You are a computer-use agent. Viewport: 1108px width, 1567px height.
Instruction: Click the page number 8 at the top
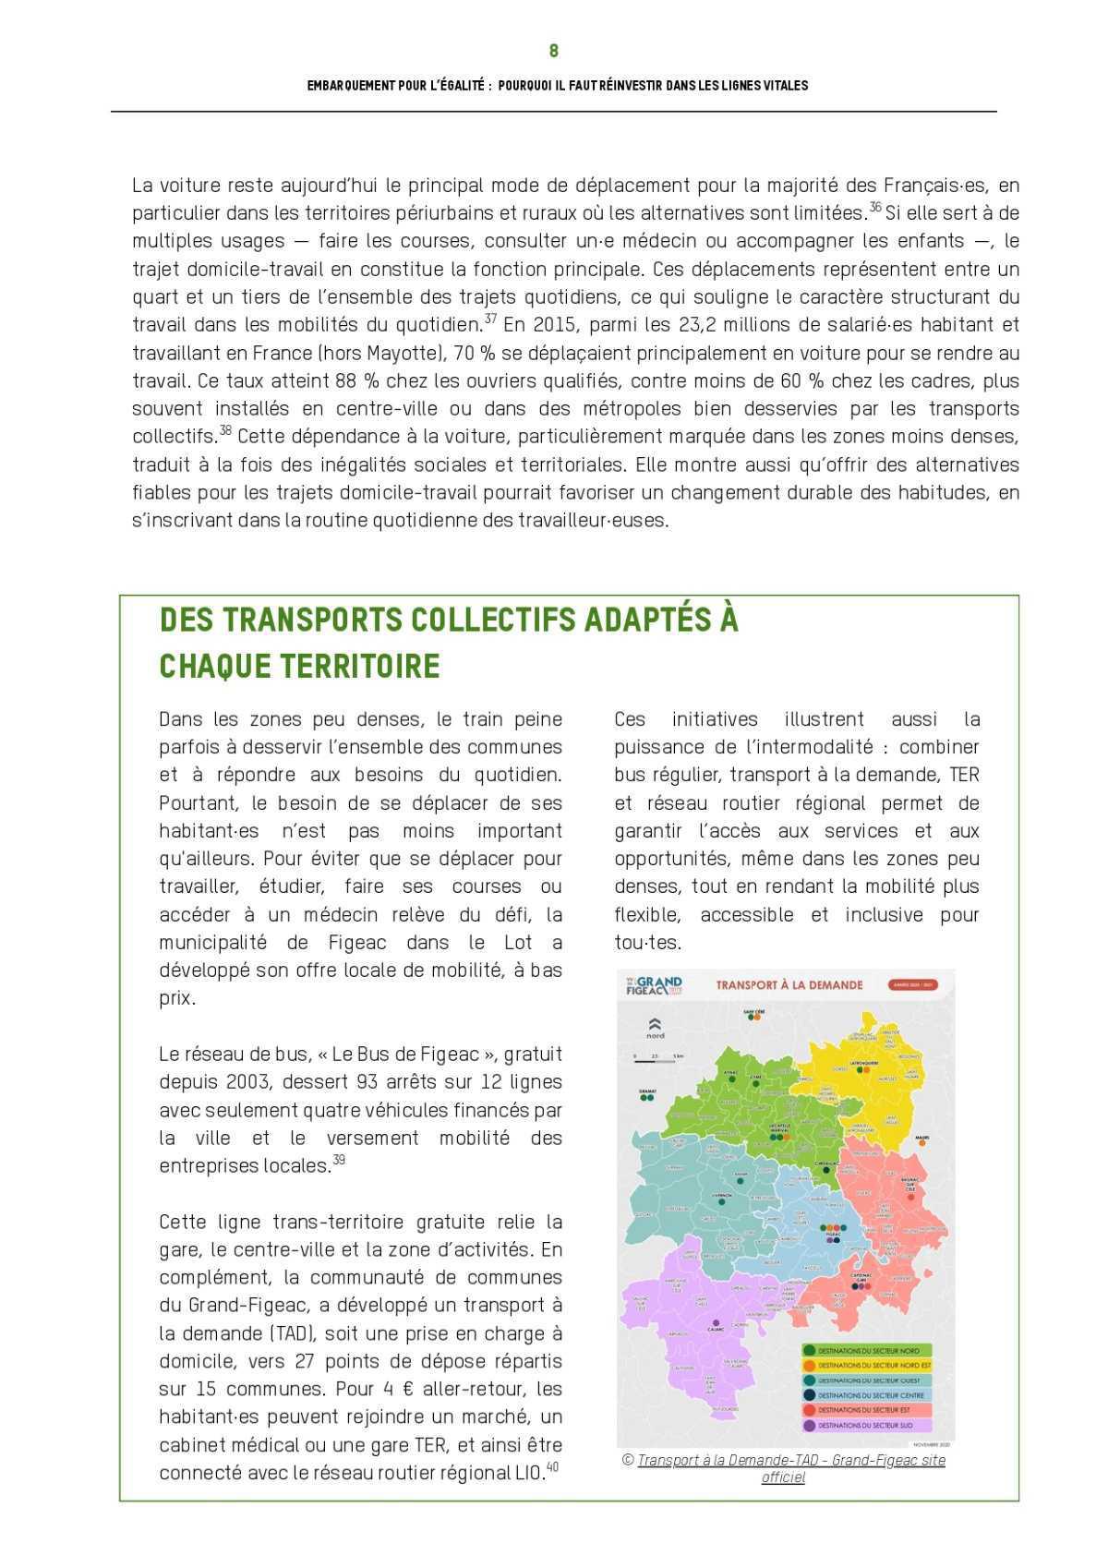(x=553, y=51)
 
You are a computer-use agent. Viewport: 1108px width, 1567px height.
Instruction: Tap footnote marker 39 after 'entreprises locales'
(x=339, y=1160)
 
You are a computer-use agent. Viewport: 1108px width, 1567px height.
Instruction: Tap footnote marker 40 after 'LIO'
(x=552, y=1466)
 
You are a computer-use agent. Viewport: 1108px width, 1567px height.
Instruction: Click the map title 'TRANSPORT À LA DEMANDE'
(x=789, y=984)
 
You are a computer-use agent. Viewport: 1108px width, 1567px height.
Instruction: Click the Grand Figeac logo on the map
(x=653, y=984)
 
